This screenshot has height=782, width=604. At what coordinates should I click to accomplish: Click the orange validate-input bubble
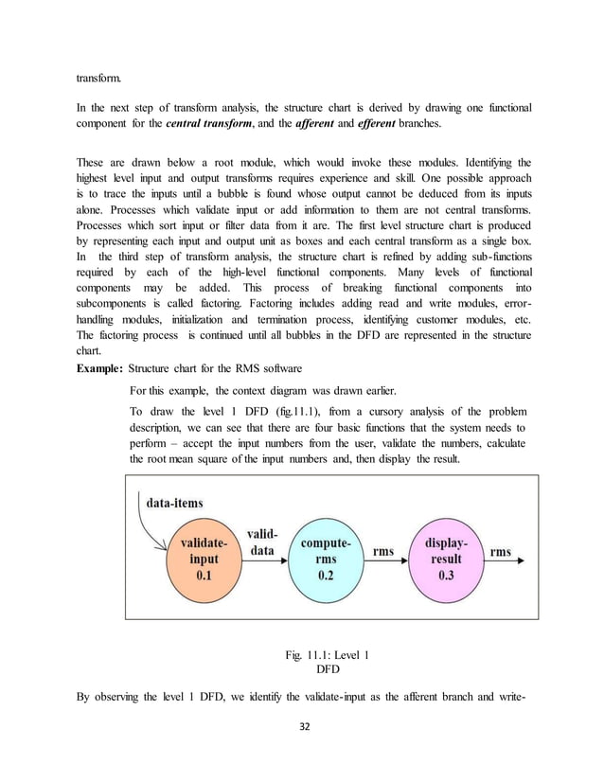pos(198,558)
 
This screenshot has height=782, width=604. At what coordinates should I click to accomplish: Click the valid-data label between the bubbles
pos(260,541)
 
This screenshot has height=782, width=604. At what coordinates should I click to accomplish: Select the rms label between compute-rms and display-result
pos(383,552)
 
